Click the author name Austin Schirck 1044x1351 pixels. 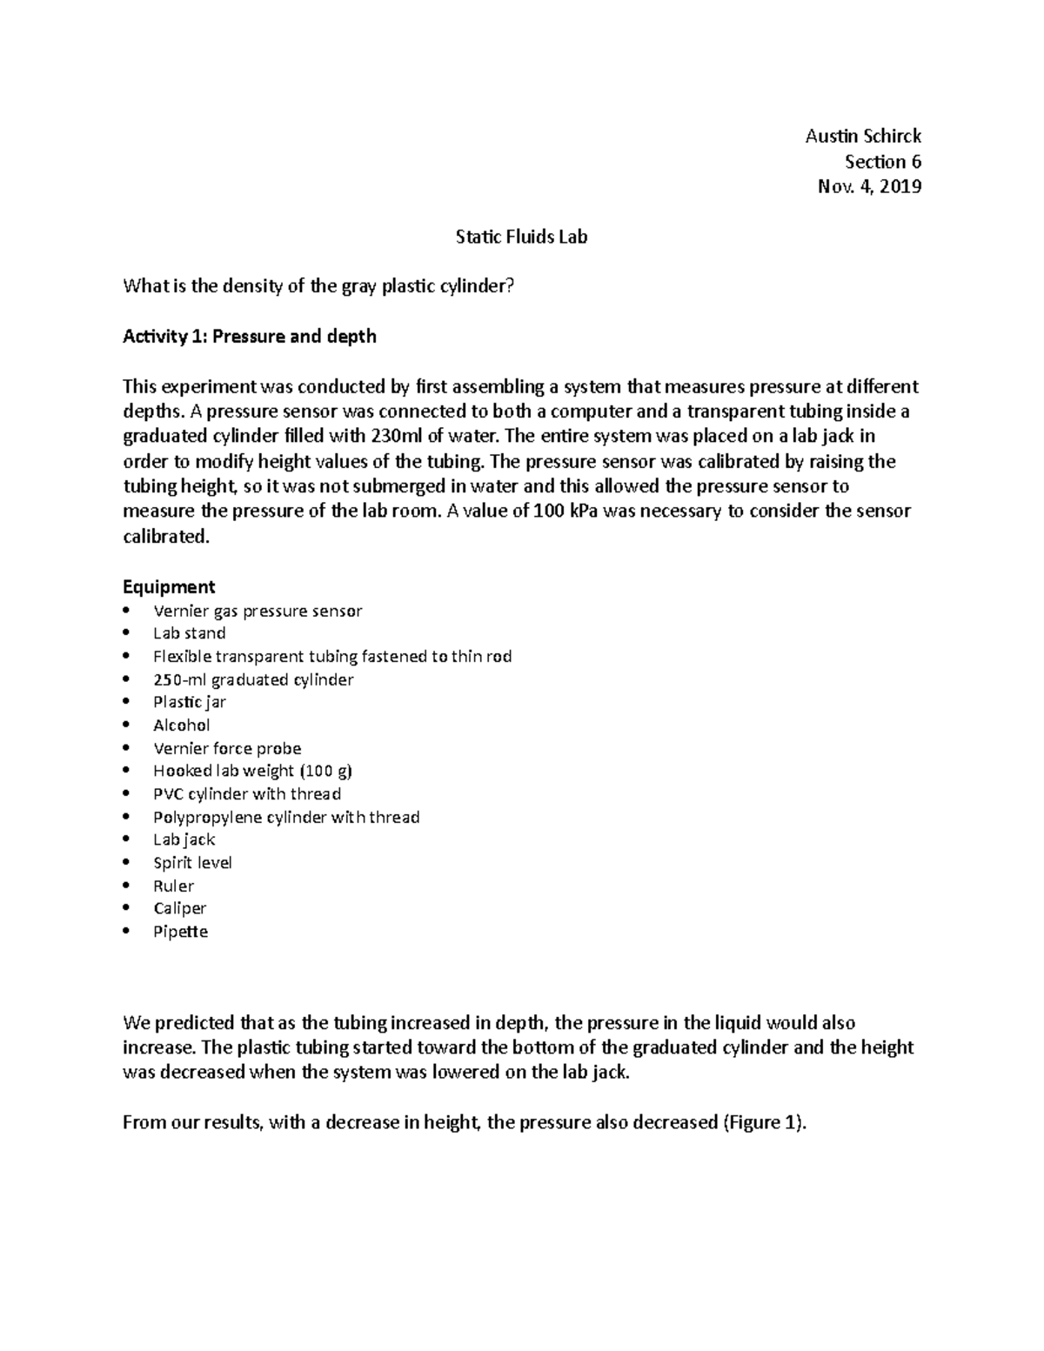click(x=862, y=136)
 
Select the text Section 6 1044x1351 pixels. click(x=882, y=161)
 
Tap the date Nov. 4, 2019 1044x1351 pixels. click(x=869, y=186)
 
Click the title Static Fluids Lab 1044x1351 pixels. click(x=521, y=237)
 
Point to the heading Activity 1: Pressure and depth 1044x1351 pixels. click(x=250, y=337)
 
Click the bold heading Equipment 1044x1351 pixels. click(x=169, y=586)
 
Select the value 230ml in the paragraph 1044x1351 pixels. click(x=398, y=436)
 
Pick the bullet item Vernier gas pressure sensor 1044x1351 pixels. click(x=258, y=611)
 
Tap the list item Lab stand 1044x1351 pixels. click(x=189, y=633)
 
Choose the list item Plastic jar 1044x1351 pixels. click(x=189, y=702)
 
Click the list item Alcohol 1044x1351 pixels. click(x=181, y=725)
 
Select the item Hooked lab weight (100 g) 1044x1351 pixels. click(x=252, y=771)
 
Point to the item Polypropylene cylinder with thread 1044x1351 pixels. click(x=286, y=817)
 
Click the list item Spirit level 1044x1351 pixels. click(x=192, y=863)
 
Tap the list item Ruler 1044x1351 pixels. click(x=173, y=886)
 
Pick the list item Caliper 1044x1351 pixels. click(x=179, y=908)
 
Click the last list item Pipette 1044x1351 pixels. click(x=180, y=932)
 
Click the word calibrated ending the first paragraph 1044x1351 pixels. click(x=165, y=537)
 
